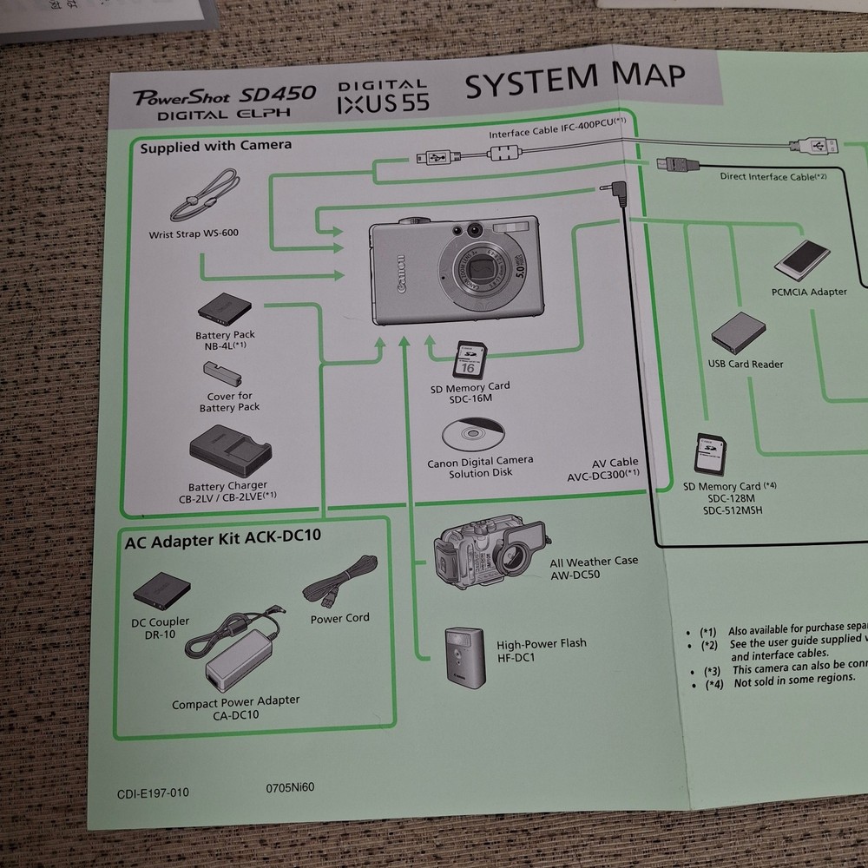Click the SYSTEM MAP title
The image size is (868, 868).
[x=574, y=84]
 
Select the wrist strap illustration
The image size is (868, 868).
[x=203, y=198]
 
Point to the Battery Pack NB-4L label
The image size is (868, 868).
[x=225, y=339]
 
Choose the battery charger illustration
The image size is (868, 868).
[x=230, y=451]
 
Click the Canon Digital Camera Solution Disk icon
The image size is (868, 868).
[x=470, y=434]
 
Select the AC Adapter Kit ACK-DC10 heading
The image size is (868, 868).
[x=222, y=536]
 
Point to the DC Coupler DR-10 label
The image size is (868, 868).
[x=161, y=628]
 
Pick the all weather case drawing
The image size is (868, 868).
[x=490, y=556]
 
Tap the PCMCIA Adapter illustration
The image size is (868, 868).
[x=802, y=260]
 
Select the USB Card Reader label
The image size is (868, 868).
[x=745, y=364]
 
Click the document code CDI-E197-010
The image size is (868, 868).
[x=153, y=792]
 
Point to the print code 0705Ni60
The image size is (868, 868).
[x=290, y=788]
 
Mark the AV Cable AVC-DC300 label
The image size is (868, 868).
[x=603, y=469]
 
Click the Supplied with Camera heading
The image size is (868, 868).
[x=216, y=146]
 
